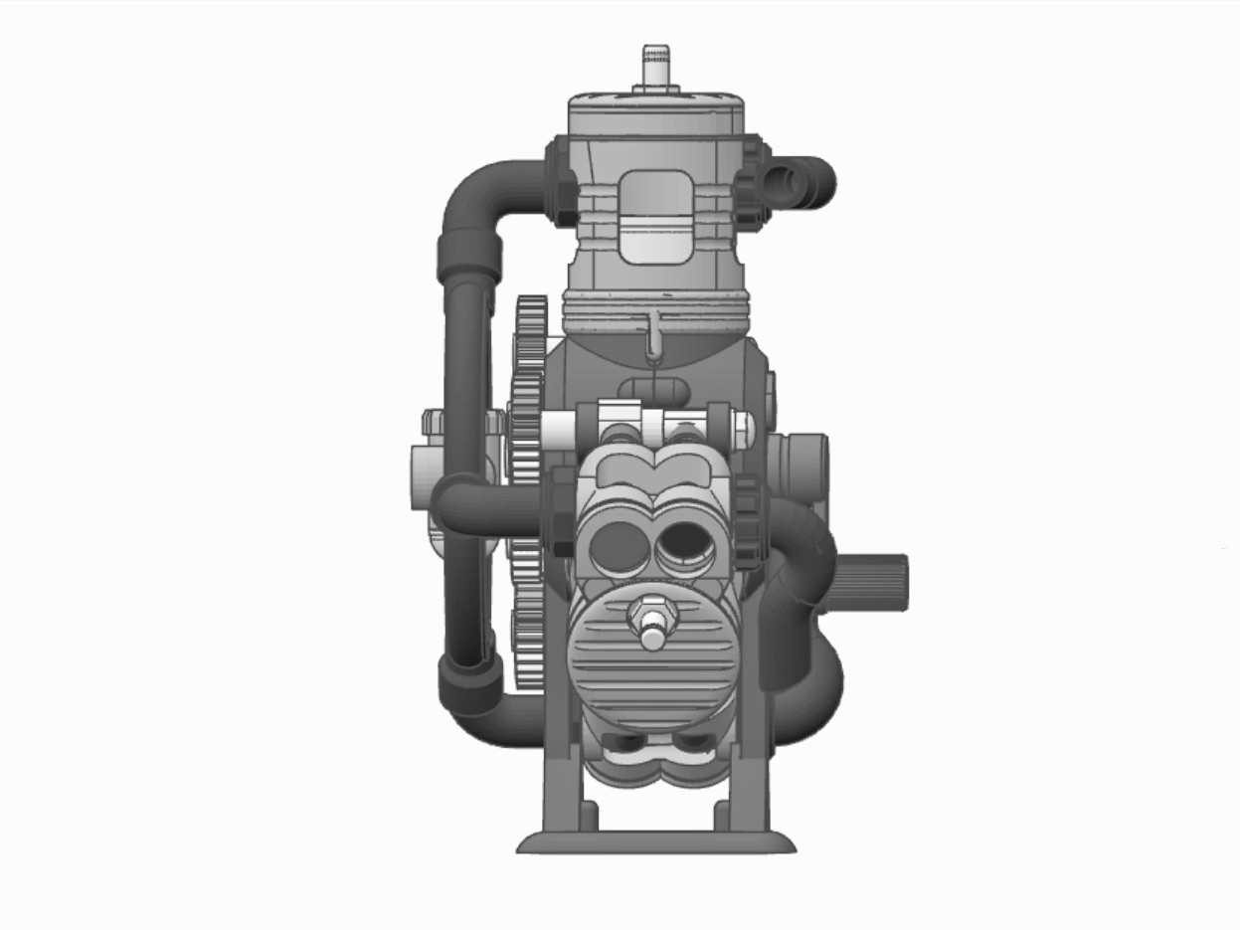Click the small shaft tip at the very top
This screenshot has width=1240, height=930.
pos(654,62)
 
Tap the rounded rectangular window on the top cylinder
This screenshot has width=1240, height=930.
pos(655,217)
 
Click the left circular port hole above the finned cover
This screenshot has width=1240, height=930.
pos(617,546)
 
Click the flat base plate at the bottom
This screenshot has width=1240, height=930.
pos(655,843)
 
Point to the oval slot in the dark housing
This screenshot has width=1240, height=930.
pos(653,388)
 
